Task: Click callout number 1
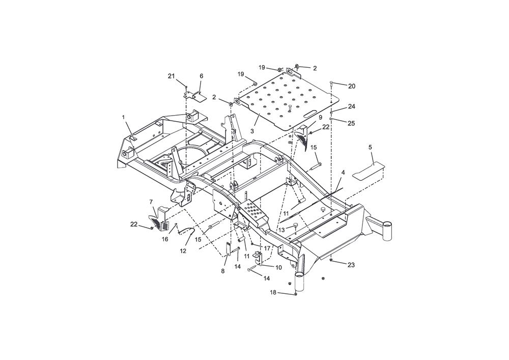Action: [x=123, y=117]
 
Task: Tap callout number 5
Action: [x=370, y=147]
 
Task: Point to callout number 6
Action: [x=201, y=76]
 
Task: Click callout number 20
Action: [x=352, y=87]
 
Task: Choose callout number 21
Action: [x=171, y=76]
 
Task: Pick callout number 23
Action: [x=351, y=265]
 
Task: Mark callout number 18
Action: [x=273, y=292]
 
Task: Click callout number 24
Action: [x=352, y=106]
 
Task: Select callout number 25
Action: [x=351, y=123]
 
